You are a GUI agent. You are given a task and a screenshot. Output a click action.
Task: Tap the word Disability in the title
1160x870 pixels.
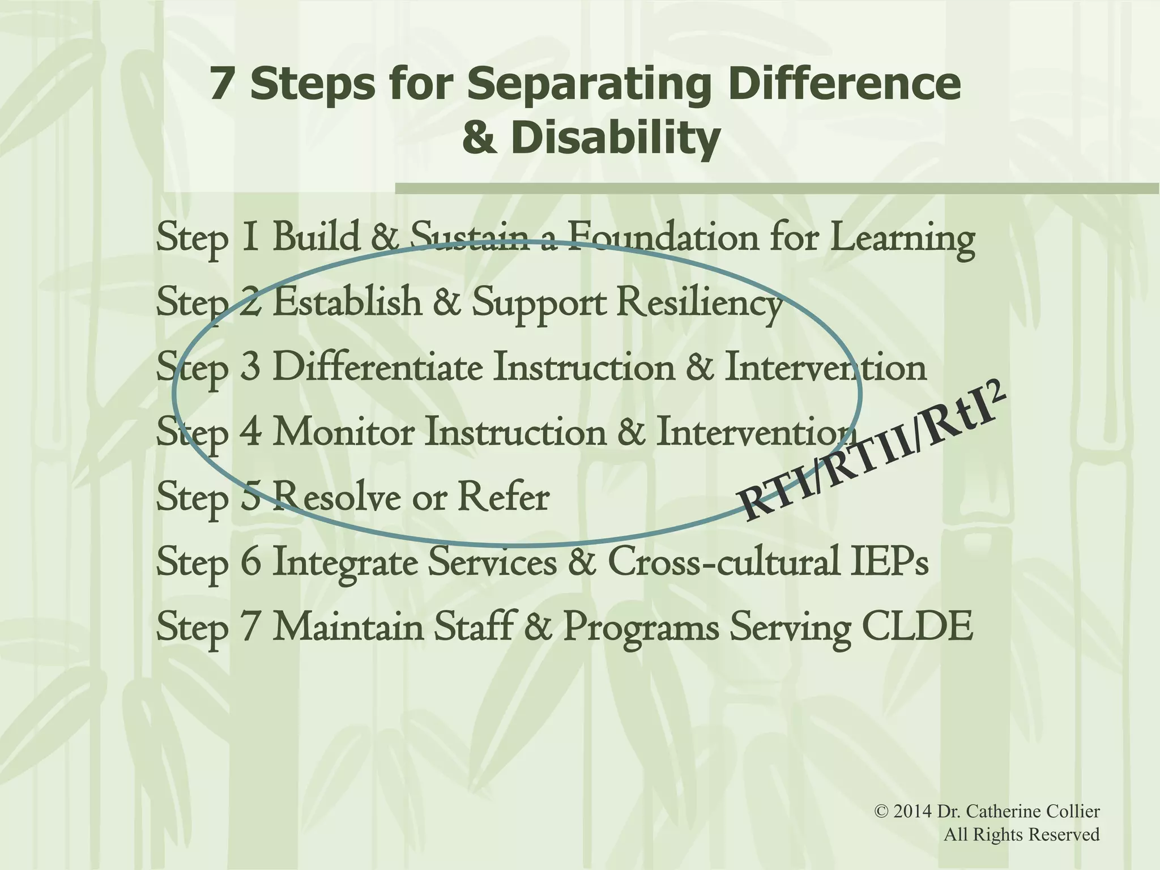coord(616,139)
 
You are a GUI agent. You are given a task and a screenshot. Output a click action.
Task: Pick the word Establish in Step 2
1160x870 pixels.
coord(347,302)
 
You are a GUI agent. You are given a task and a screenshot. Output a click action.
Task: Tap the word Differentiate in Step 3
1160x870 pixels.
coord(377,368)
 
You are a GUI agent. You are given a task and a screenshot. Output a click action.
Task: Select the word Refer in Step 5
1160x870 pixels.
coord(503,498)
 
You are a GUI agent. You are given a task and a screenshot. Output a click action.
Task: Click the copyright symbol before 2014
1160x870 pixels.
coord(881,812)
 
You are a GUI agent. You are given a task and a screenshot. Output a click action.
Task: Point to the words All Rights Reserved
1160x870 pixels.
coord(1021,834)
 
